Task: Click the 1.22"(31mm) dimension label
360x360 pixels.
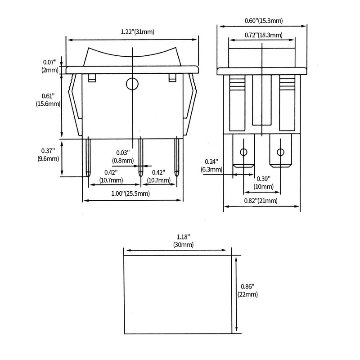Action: tap(137, 31)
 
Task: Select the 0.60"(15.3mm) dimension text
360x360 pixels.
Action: tap(264, 21)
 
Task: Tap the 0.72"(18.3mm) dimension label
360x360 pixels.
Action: tap(263, 35)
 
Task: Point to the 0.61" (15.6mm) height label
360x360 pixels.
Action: tap(48, 100)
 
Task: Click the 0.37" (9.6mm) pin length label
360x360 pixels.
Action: tap(48, 154)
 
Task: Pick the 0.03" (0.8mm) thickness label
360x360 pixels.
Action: tap(123, 157)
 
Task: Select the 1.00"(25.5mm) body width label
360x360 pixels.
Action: tap(130, 193)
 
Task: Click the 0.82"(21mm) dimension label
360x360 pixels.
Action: tap(261, 201)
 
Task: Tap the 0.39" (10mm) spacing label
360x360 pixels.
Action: tap(264, 183)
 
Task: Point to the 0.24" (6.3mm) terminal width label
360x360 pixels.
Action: tap(211, 166)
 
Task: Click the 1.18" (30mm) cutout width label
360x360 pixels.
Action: tap(183, 241)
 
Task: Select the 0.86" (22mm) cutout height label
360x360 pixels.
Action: tap(247, 290)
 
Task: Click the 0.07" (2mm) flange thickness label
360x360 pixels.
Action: tap(50, 66)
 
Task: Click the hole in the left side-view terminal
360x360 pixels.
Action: tap(243, 152)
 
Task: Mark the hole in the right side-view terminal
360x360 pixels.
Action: tap(280, 152)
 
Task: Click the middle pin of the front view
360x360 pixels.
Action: tap(140, 157)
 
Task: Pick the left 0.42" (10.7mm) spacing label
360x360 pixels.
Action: tap(111, 176)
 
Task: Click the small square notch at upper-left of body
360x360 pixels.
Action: tap(92, 78)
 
